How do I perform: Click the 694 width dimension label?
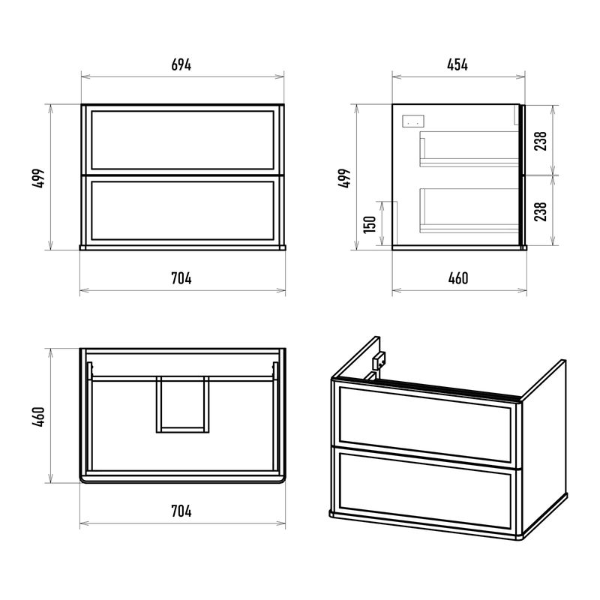coord(181,64)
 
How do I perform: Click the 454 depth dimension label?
coord(457,64)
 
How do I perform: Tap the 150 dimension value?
coord(370,224)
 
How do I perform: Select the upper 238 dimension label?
coord(540,141)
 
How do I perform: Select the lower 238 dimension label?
coord(540,211)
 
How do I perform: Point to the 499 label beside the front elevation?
coord(38,178)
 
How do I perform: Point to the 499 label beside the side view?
coord(344,178)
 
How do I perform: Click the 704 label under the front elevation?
coord(181,278)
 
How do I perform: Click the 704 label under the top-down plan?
coord(181,511)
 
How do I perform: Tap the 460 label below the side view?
coord(458,278)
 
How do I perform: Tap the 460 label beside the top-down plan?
coord(38,417)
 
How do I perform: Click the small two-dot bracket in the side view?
coord(413,121)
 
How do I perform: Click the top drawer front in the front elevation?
coord(182,140)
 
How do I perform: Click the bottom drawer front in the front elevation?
coord(182,211)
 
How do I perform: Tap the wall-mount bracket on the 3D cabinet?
coord(379,361)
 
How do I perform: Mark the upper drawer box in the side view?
coord(469,149)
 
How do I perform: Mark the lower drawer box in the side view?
coord(469,211)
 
